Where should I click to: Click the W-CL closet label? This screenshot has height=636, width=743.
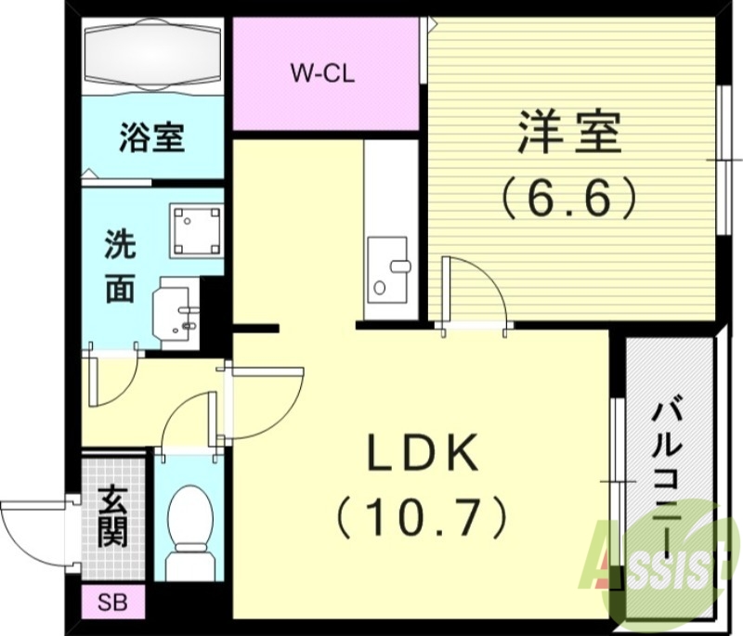tap(322, 72)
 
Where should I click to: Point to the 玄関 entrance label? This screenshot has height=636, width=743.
tap(112, 516)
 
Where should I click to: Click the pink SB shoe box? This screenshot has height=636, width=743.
tap(112, 602)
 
